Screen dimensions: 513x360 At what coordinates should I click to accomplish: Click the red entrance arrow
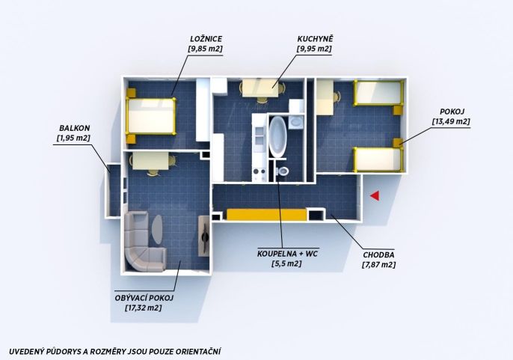[375, 195]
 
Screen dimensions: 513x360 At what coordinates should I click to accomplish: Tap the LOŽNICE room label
[206, 39]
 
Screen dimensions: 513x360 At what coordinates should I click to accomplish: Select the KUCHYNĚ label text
[315, 39]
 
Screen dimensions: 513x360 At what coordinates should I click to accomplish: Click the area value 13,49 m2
[451, 121]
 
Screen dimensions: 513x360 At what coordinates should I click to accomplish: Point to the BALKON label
[74, 128]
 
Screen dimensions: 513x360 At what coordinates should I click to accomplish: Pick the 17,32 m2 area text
[144, 308]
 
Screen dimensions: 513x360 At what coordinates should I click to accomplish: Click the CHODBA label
[378, 255]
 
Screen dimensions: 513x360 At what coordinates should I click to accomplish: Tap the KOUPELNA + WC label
[287, 254]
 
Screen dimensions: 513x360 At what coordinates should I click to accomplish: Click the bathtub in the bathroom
[277, 136]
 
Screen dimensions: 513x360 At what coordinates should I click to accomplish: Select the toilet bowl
[283, 171]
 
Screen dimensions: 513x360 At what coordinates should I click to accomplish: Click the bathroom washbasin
[296, 122]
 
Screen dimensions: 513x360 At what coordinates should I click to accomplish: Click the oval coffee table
[157, 229]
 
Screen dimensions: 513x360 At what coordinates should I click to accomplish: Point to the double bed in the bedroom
[151, 116]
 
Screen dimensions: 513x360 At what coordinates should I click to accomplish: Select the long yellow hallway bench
[267, 215]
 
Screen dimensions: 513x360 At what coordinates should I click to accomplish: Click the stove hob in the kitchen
[259, 174]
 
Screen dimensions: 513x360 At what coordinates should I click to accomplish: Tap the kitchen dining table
[260, 88]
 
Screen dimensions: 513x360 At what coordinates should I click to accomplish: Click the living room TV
[205, 235]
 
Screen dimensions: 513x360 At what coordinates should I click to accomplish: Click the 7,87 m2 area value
[378, 265]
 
